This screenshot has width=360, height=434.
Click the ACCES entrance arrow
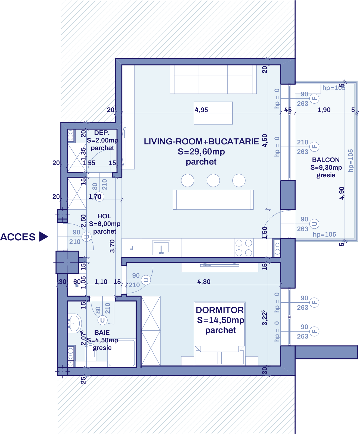43,237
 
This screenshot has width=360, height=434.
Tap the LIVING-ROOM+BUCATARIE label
201,141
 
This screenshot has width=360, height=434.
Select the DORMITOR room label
220,310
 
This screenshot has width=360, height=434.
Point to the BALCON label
326,160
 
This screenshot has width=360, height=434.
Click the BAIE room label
102,333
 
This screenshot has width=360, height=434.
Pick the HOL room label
104,216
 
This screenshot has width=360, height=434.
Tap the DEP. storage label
102,133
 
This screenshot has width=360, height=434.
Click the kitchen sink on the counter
161,248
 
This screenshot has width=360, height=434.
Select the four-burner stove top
244,248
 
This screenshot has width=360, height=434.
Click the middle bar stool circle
213,181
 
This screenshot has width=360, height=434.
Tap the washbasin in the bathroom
74,323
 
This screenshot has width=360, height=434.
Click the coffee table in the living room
213,113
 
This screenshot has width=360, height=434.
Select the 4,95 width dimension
201,110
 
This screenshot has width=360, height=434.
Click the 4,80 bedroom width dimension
204,282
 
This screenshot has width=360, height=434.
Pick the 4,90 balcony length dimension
342,193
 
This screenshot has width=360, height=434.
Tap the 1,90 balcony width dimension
324,110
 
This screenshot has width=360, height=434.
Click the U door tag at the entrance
87,237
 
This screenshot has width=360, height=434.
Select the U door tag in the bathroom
102,320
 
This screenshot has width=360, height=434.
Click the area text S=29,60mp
201,151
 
